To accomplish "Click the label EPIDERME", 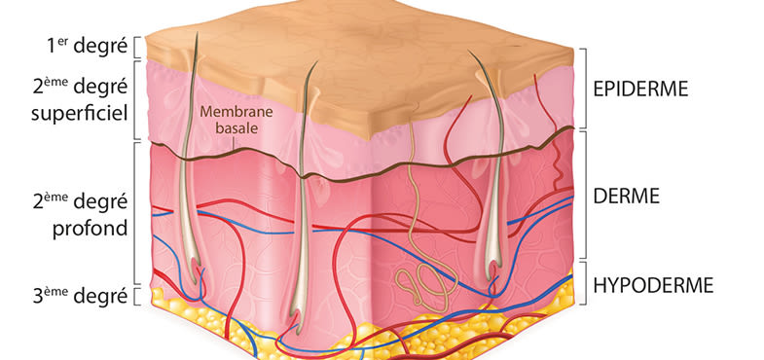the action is [x=640, y=90].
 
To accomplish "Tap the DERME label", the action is [x=626, y=196].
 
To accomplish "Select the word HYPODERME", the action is [x=653, y=285].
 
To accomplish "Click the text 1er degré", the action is [x=87, y=48].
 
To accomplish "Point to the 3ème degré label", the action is [x=80, y=296].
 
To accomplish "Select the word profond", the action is [x=90, y=228].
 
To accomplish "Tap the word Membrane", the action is [x=229, y=112].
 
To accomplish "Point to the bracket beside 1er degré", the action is [x=137, y=48].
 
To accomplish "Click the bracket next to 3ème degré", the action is [x=137, y=296].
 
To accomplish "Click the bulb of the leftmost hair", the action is [x=196, y=273].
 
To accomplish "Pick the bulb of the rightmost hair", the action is [x=493, y=270].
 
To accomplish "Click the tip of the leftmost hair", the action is [x=197, y=33].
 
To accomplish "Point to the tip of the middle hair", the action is [x=316, y=62].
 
